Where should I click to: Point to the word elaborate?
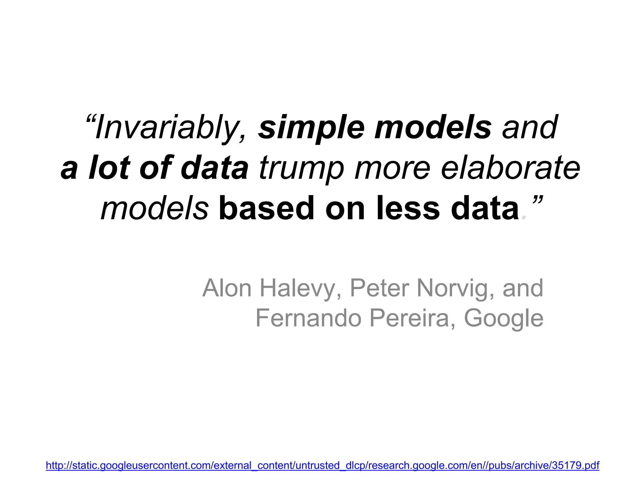pos(511,168)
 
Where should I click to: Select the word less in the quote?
pos(408,208)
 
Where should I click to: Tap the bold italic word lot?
pos(109,168)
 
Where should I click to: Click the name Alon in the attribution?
pos(227,288)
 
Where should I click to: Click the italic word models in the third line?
pos(154,208)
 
